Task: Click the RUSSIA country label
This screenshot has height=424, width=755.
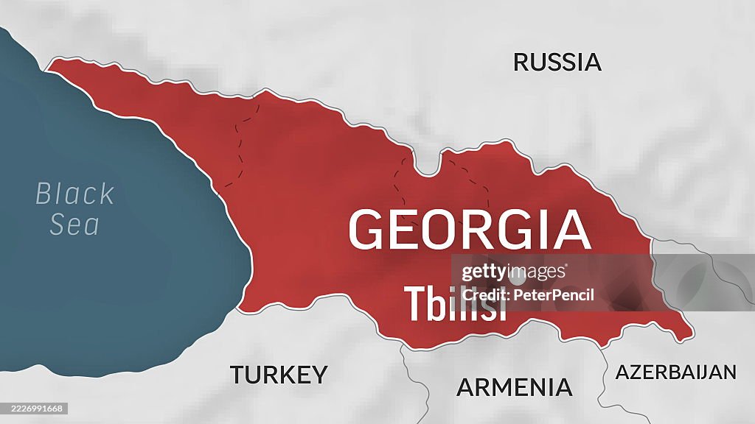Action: (557, 62)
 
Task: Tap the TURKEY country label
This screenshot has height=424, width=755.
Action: (278, 375)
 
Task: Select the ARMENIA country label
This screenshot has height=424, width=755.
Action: (514, 387)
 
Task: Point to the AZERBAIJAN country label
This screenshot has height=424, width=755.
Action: (675, 372)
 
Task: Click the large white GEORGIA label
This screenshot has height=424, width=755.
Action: (469, 230)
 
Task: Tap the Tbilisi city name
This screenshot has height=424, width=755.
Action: (455, 303)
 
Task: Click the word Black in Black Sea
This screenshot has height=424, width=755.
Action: (75, 194)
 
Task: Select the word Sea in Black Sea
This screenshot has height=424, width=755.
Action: (74, 225)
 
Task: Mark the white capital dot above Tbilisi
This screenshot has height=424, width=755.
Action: (517, 276)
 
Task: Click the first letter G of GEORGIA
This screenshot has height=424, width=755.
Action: (367, 230)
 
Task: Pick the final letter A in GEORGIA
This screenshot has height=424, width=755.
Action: (572, 230)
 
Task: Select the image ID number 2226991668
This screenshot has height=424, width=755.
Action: (34, 409)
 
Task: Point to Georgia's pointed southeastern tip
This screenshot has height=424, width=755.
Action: (691, 336)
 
